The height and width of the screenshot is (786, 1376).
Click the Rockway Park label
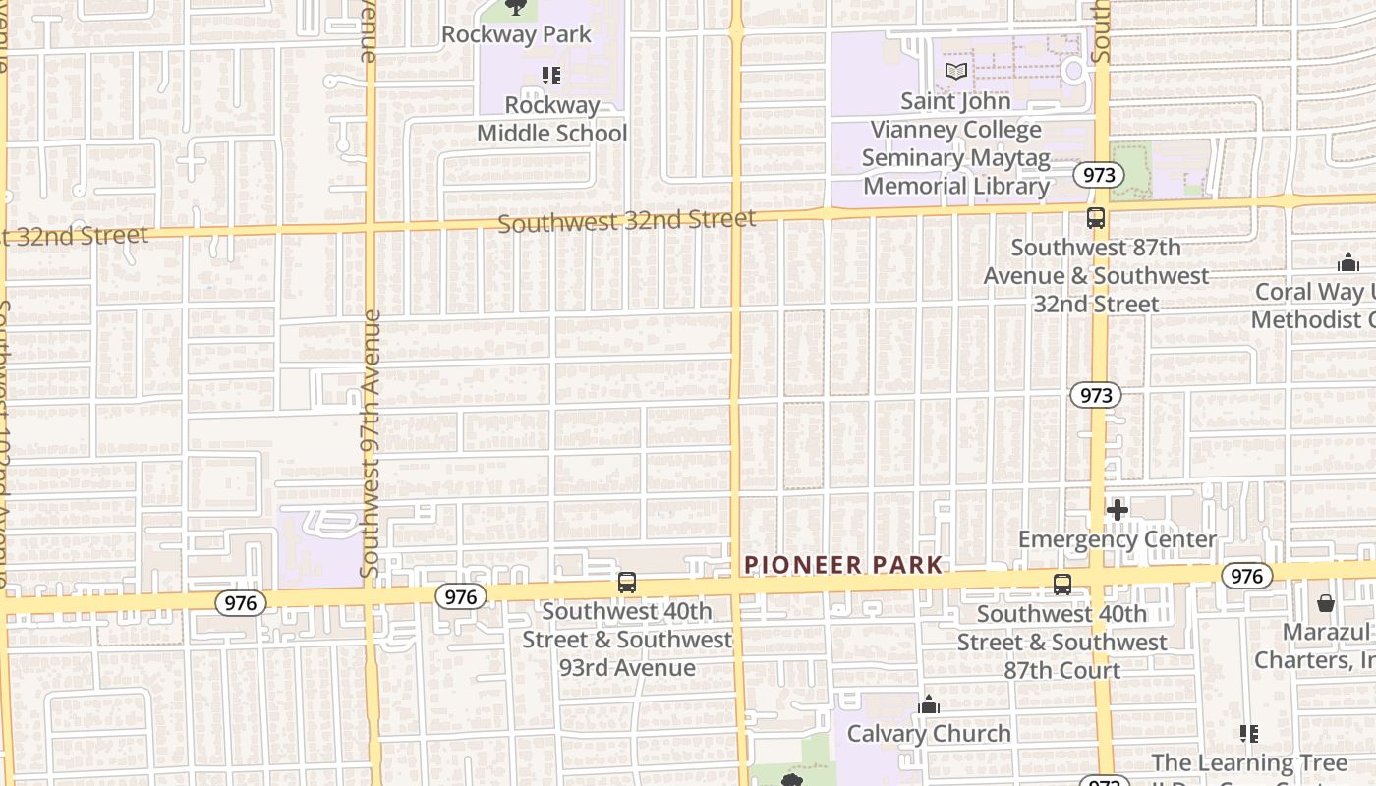pyautogui.click(x=516, y=34)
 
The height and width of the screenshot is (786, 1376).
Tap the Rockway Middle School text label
pyautogui.click(x=551, y=119)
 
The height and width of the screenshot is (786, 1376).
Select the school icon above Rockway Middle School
pyautogui.click(x=551, y=76)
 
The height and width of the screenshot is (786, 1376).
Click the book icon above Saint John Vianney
pyautogui.click(x=955, y=71)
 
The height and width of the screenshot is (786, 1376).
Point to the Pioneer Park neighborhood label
pyautogui.click(x=843, y=565)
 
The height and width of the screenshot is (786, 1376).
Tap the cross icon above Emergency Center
pyautogui.click(x=1117, y=510)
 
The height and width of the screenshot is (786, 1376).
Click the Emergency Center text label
pyautogui.click(x=1117, y=539)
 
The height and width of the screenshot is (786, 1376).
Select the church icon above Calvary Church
pyautogui.click(x=928, y=704)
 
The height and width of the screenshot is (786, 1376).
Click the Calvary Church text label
pyautogui.click(x=928, y=733)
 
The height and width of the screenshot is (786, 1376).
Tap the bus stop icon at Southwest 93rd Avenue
pyautogui.click(x=627, y=583)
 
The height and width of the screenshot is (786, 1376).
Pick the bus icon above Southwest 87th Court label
pyautogui.click(x=1061, y=585)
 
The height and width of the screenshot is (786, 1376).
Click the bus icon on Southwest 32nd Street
pyautogui.click(x=1096, y=218)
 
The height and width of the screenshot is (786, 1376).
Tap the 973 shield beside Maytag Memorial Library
pyautogui.click(x=1098, y=175)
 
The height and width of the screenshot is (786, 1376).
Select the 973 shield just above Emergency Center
pyautogui.click(x=1095, y=395)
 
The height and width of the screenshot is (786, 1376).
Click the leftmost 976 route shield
pyautogui.click(x=240, y=603)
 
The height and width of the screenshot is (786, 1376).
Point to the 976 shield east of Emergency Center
pyautogui.click(x=1246, y=576)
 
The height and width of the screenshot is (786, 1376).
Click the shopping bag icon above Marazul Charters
pyautogui.click(x=1325, y=603)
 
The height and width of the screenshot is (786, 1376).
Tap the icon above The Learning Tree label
pyautogui.click(x=1248, y=733)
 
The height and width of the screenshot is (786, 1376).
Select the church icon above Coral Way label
pyautogui.click(x=1347, y=262)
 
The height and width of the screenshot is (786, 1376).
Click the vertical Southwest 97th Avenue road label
pyautogui.click(x=370, y=442)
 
